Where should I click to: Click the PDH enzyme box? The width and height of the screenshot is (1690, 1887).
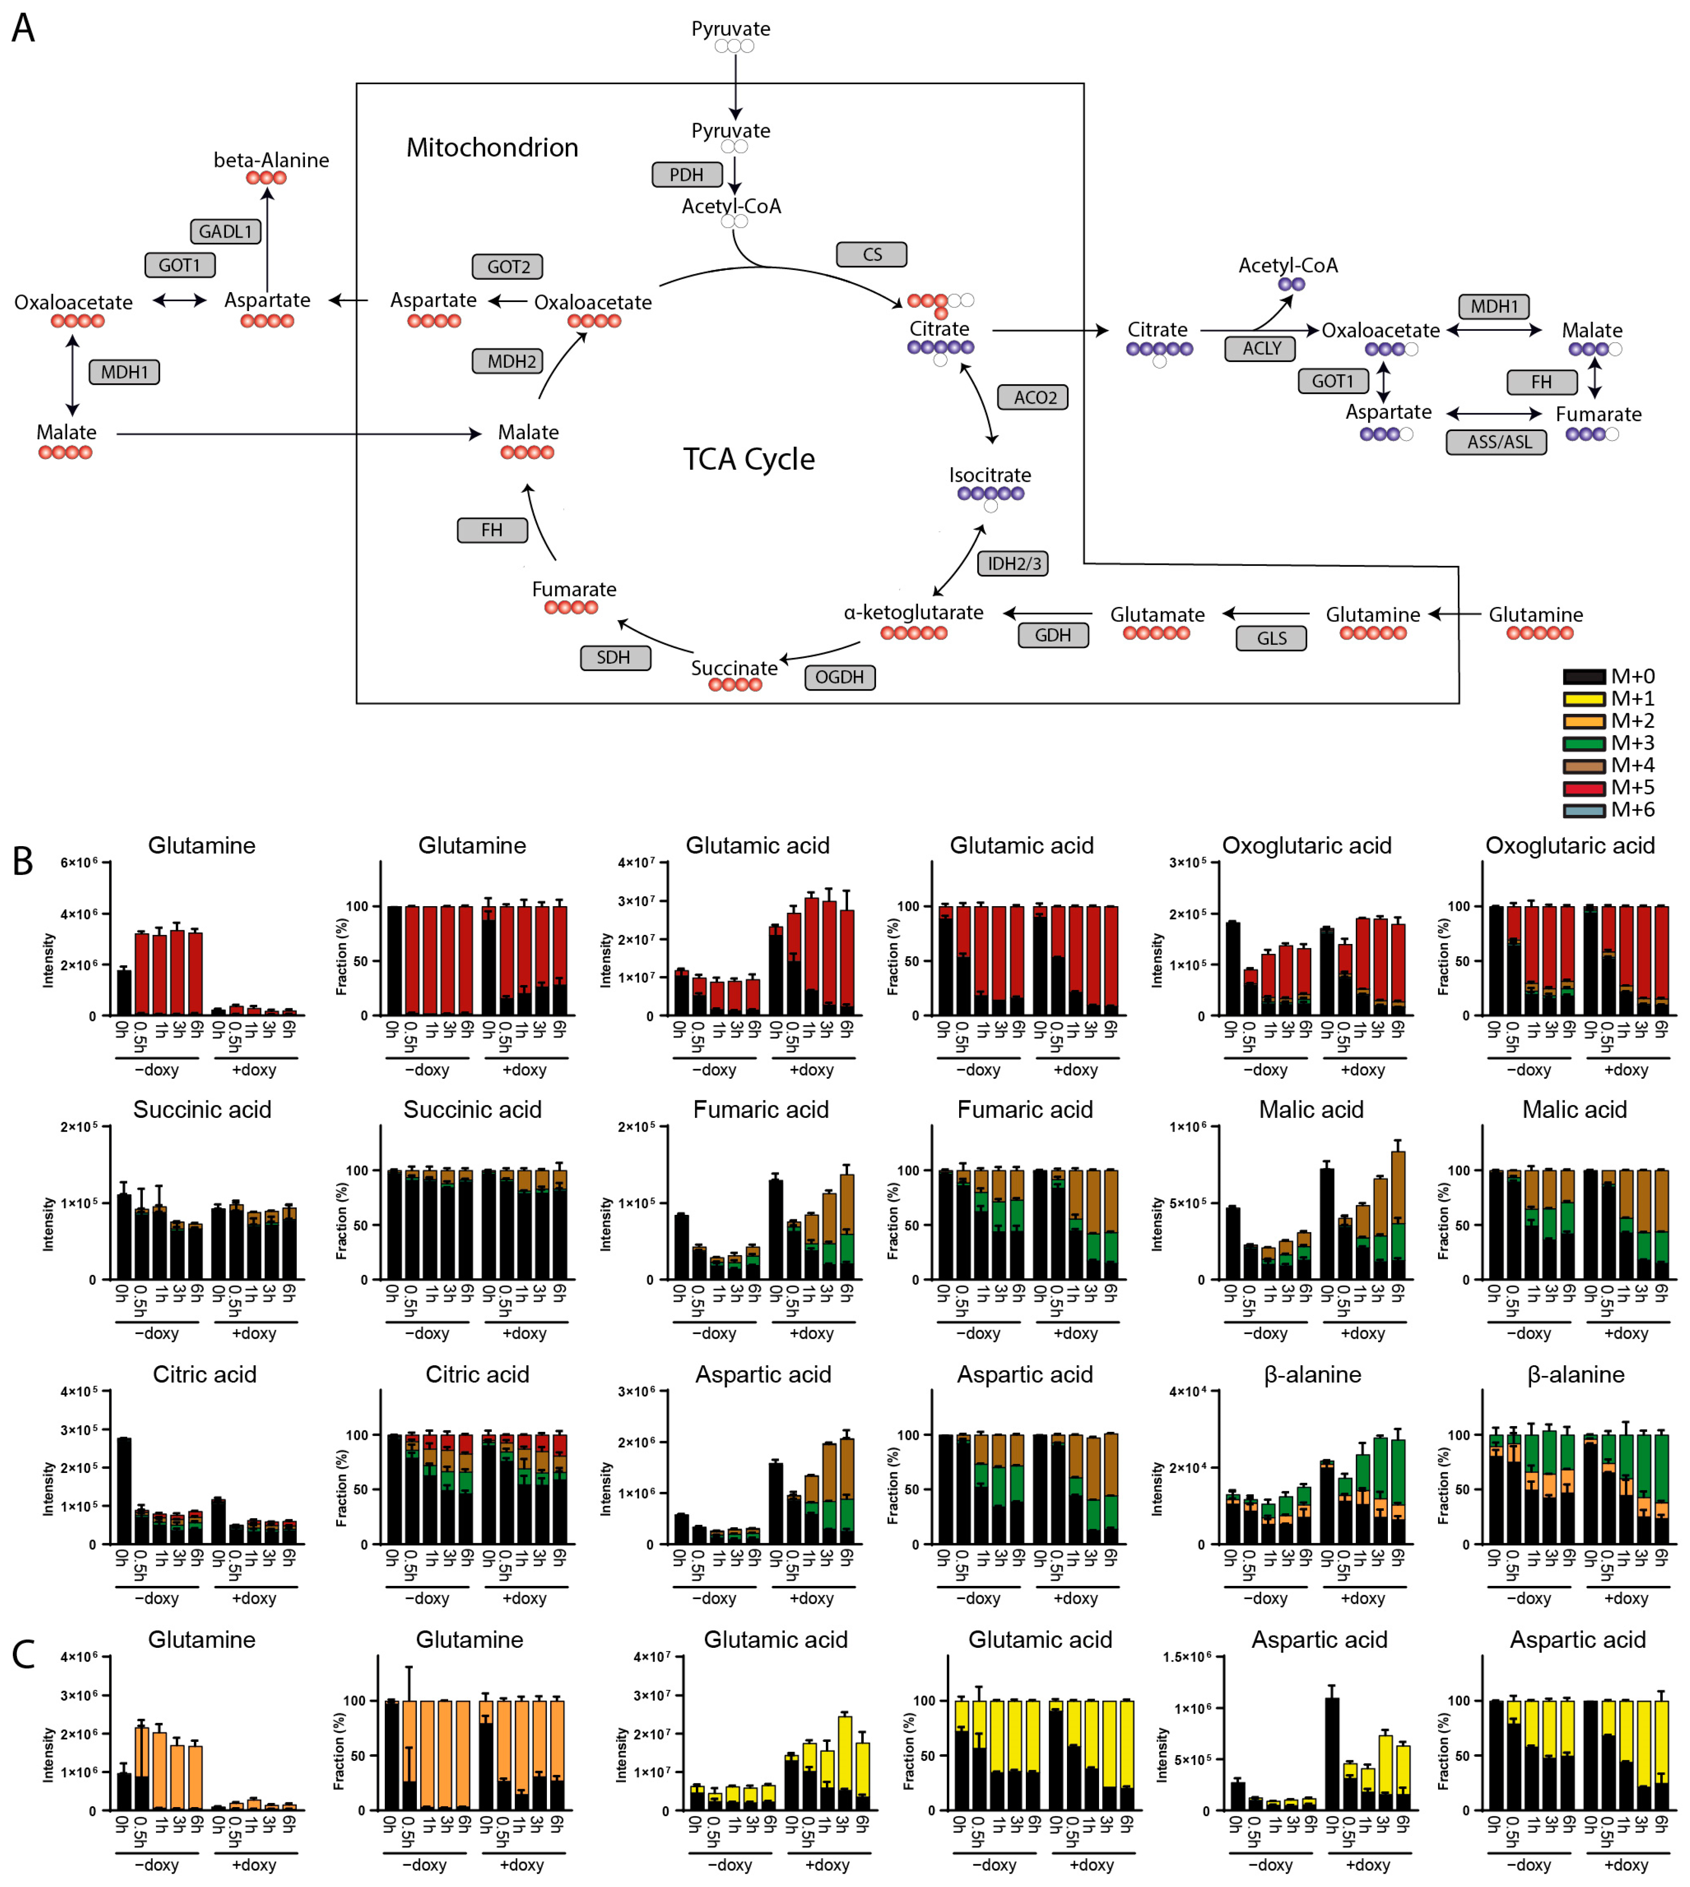click(x=686, y=174)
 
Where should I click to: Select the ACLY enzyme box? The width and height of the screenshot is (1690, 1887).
click(x=1260, y=348)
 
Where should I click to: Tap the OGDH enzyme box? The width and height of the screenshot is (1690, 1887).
click(x=840, y=677)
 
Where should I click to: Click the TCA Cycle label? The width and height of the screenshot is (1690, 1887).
click(x=748, y=459)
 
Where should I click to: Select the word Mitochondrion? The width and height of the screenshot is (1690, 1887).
click(x=492, y=147)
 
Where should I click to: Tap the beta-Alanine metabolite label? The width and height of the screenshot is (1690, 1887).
click(x=271, y=160)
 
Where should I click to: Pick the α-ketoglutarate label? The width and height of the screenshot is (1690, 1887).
click(x=913, y=612)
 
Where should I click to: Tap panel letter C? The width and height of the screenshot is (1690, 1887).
click(x=23, y=1654)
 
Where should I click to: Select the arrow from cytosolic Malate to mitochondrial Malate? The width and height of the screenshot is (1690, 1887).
click(x=297, y=433)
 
